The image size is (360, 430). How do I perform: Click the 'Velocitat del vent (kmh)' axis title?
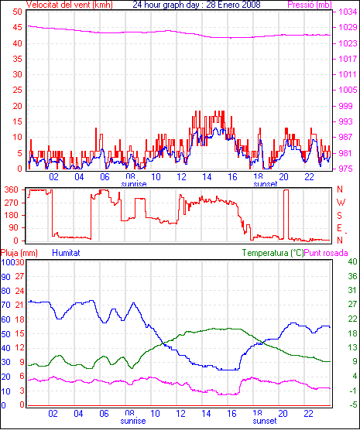click(x=69, y=5)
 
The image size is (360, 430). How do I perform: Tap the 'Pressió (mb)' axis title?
click(x=310, y=5)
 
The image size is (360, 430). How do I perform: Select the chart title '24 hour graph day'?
click(x=167, y=5)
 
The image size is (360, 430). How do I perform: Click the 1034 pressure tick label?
click(x=348, y=12)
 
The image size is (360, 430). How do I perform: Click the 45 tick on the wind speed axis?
click(x=17, y=27)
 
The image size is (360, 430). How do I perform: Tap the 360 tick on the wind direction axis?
click(x=12, y=189)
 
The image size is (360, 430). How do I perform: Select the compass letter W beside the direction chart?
click(x=341, y=203)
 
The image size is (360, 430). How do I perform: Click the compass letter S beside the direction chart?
click(x=340, y=216)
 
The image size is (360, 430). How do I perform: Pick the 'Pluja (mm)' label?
click(x=19, y=253)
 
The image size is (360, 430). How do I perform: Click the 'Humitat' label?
click(x=66, y=253)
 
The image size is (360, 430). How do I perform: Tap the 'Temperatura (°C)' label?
click(x=273, y=253)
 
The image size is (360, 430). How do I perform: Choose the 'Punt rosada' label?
click(x=326, y=253)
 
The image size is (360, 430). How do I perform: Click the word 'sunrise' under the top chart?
click(x=134, y=184)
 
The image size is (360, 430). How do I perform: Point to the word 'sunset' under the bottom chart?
click(x=265, y=421)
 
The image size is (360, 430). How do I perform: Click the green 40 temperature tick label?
click(x=352, y=261)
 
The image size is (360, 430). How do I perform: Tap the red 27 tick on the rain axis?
click(x=20, y=276)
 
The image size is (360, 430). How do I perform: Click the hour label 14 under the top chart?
click(x=207, y=177)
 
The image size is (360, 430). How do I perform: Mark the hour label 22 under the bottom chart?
click(x=309, y=413)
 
